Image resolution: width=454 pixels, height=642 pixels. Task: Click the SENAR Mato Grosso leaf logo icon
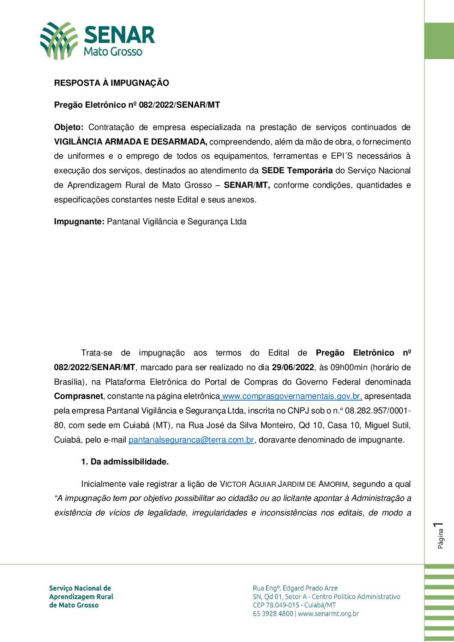[58, 41]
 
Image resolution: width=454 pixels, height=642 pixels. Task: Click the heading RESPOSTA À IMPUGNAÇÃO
[112, 83]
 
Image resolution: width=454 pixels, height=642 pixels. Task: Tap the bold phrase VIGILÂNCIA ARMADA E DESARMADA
[130, 142]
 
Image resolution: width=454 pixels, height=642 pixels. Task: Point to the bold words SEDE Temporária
[297, 171]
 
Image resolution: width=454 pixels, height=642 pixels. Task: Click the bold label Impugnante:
[79, 222]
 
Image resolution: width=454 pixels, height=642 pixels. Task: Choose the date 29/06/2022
[293, 368]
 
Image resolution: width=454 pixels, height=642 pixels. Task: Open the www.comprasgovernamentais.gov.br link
[292, 396]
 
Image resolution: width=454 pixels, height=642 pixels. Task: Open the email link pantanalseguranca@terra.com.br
[191, 440]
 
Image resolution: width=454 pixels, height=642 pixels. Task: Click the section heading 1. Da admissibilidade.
[125, 462]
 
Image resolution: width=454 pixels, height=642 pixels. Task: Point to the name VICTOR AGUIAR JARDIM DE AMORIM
[284, 484]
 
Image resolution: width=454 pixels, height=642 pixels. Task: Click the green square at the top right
[439, 41]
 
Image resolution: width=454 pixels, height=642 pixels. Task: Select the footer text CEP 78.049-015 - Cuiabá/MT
[294, 605]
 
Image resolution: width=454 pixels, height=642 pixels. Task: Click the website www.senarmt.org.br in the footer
[328, 614]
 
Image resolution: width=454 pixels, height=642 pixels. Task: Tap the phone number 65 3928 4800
[273, 614]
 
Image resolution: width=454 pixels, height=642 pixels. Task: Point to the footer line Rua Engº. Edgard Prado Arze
[295, 588]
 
